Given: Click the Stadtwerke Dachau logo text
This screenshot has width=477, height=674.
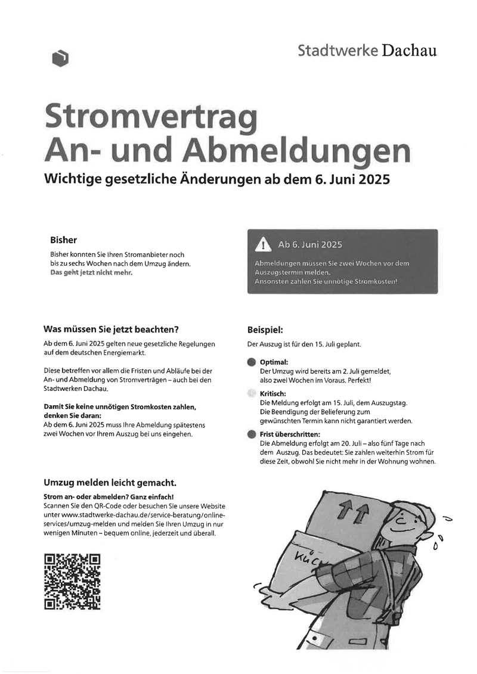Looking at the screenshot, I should point(367,51).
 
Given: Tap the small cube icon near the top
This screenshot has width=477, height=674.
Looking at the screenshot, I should point(60,58).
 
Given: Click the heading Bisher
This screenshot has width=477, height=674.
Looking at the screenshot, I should point(63,240).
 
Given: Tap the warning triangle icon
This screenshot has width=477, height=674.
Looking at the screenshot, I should point(262,245).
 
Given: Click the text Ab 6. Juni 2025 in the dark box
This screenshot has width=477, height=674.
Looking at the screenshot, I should point(310,245).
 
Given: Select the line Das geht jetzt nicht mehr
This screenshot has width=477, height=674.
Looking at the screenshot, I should point(91,272).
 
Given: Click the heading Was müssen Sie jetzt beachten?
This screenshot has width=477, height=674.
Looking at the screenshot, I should point(111,328).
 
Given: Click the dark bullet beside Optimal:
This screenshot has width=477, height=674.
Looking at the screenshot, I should point(252,362).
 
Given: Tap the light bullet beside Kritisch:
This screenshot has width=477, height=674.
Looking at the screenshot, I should point(252,393).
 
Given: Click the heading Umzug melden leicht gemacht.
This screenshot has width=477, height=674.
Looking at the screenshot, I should point(110,482).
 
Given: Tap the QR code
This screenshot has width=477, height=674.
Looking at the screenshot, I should point(72,582).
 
